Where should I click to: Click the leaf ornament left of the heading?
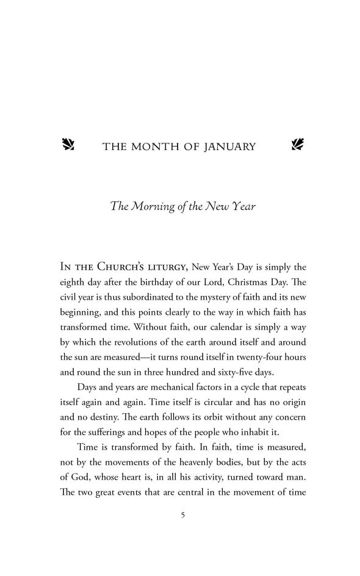68,145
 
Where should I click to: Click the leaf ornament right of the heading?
298,145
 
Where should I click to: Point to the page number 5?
183,516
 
